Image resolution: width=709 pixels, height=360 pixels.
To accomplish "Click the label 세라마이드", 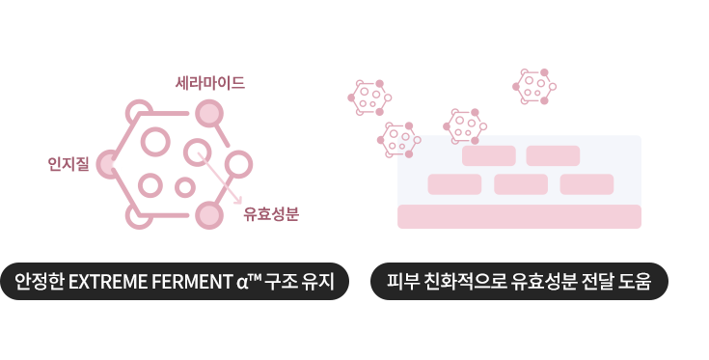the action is pos(209,83).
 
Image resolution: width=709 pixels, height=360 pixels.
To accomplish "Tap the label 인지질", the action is pos(68,164).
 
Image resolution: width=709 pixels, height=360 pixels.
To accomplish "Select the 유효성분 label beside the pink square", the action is pos(271,214).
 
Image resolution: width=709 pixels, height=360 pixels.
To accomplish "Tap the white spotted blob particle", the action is pos(465,126).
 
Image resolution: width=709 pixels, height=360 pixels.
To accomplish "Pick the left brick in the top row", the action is pos(489,155).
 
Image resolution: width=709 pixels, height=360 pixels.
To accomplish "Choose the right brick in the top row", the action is pos(553,155).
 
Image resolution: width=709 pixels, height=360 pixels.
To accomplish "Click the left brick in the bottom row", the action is pos(454,184).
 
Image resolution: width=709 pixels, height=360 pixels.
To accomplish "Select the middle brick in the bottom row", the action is pos(521,184).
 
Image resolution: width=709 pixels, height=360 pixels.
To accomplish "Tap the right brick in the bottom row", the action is pos(586,184).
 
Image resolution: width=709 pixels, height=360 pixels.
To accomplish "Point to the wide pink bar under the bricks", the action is pos(519,217).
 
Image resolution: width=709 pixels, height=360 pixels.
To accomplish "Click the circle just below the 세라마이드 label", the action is pos(209,114).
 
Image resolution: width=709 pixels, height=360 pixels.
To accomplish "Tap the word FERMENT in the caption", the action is pos(190,283).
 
